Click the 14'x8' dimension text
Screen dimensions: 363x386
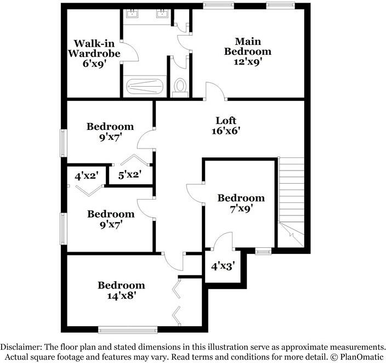coord(121,296)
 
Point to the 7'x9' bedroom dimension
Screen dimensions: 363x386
coord(241,208)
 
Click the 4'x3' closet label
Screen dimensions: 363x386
coord(223,266)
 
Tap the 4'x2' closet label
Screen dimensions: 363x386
coord(86,175)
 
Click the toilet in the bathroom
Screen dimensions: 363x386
coord(180,87)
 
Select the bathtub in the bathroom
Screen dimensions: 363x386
coord(144,87)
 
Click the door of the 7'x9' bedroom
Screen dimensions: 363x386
coord(195,195)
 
